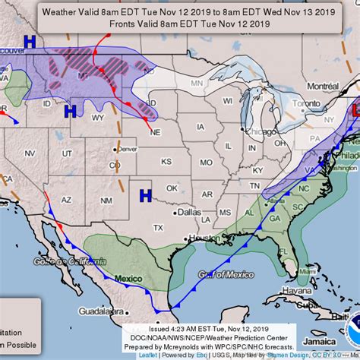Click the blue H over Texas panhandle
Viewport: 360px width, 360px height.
[x=144, y=195]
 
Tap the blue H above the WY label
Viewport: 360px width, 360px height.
[x=70, y=112]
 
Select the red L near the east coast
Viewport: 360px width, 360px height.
[x=355, y=112]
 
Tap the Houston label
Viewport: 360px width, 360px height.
[x=204, y=238]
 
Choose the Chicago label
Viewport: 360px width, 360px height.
[x=254, y=131]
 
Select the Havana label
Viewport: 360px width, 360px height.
[x=291, y=289]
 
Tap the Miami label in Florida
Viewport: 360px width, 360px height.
[x=308, y=270]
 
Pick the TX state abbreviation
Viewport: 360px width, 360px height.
[x=158, y=228]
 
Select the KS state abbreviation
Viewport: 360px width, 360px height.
[x=166, y=163]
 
